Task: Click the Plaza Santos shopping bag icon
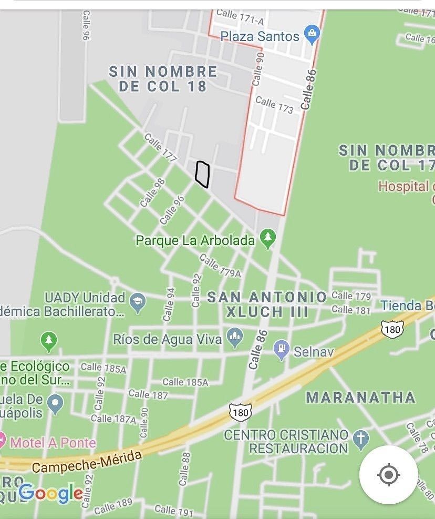pyautogui.click(x=312, y=35)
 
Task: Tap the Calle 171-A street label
pyautogui.click(x=240, y=17)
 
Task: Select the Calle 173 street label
pyautogui.click(x=274, y=104)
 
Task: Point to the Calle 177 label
pyautogui.click(x=160, y=148)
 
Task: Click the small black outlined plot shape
pyautogui.click(x=202, y=174)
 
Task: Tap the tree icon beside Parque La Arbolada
pyautogui.click(x=268, y=239)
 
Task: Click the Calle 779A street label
pyautogui.click(x=220, y=266)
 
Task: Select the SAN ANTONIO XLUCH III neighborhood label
pyautogui.click(x=267, y=304)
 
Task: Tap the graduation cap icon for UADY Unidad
pyautogui.click(x=138, y=302)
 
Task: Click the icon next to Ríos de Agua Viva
pyautogui.click(x=234, y=338)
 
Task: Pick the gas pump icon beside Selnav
pyautogui.click(x=282, y=350)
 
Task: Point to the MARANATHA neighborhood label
pyautogui.click(x=360, y=397)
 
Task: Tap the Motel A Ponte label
pyautogui.click(x=53, y=442)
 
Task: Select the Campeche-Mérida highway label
pyautogui.click(x=87, y=461)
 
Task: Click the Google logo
pyautogui.click(x=50, y=493)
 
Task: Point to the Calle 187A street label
pyautogui.click(x=113, y=419)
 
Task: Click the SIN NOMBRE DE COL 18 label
pyautogui.click(x=163, y=79)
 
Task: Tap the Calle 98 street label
pyautogui.click(x=152, y=192)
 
